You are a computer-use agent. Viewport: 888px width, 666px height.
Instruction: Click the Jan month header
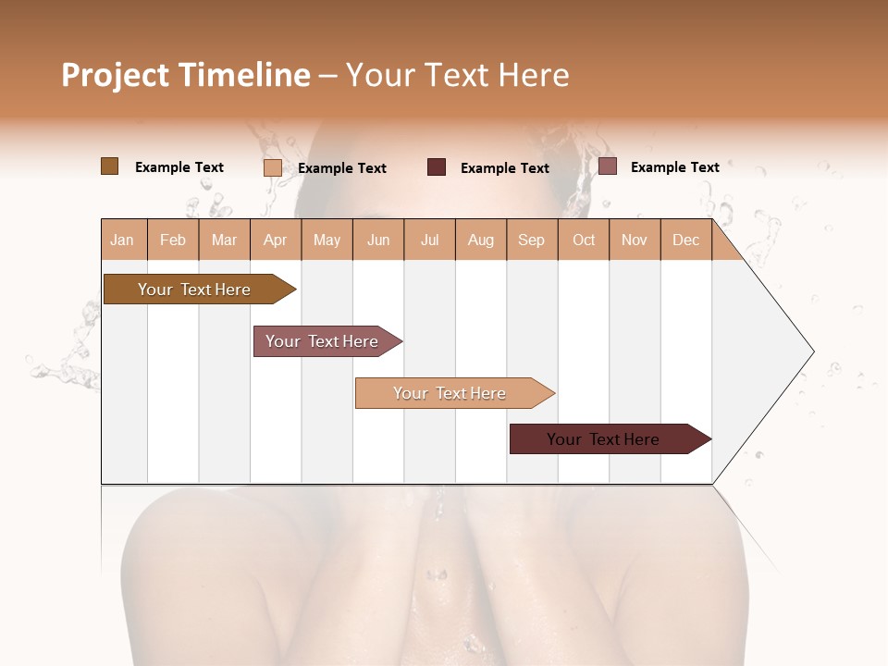pyautogui.click(x=123, y=240)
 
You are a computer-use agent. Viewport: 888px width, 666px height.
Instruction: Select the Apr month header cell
pyautogui.click(x=276, y=240)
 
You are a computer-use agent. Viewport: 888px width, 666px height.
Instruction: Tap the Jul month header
pyautogui.click(x=429, y=240)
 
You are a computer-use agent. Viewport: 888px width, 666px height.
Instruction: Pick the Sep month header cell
pyautogui.click(x=531, y=240)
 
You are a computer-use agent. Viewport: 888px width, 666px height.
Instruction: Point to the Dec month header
pyautogui.click(x=685, y=240)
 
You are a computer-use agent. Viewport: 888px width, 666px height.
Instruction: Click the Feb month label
pyautogui.click(x=173, y=240)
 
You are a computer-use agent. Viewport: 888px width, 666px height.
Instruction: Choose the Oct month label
pyautogui.click(x=584, y=240)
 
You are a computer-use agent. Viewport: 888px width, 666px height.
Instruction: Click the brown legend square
pyautogui.click(x=109, y=166)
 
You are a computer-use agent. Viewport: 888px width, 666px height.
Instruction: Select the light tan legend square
pyautogui.click(x=272, y=167)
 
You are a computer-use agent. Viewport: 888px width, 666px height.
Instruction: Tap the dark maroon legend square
pyautogui.click(x=436, y=167)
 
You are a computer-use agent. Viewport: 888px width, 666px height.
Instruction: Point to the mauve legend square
pyautogui.click(x=607, y=166)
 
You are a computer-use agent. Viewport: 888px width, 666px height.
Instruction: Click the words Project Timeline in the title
pyautogui.click(x=185, y=75)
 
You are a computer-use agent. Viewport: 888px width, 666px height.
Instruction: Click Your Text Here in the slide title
pyautogui.click(x=457, y=75)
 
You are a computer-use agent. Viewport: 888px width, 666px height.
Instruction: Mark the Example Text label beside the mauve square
pyautogui.click(x=674, y=167)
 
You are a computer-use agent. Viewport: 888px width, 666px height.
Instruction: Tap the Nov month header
pyautogui.click(x=634, y=240)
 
